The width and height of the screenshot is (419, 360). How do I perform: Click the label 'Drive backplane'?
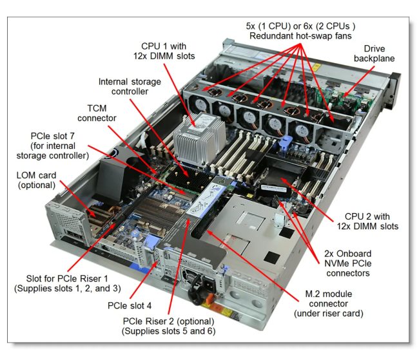[378, 53]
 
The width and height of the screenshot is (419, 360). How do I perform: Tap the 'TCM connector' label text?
[97, 113]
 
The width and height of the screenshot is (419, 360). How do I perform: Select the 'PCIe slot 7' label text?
[59, 146]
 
